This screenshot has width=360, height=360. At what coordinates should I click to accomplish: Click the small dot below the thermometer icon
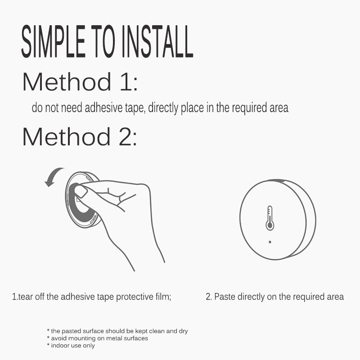click(270, 242)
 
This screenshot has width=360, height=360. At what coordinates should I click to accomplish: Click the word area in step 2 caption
click(336, 297)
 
